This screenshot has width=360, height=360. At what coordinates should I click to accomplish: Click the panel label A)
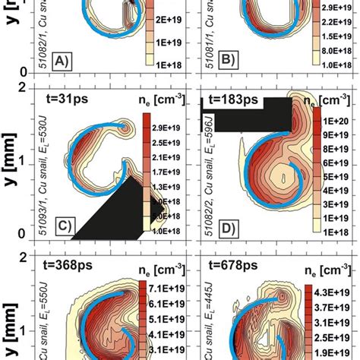coord(63,62)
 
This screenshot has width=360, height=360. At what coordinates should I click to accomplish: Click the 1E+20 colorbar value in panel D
coord(332,122)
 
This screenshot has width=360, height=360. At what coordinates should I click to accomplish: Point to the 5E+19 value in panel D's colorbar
coord(332,178)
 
